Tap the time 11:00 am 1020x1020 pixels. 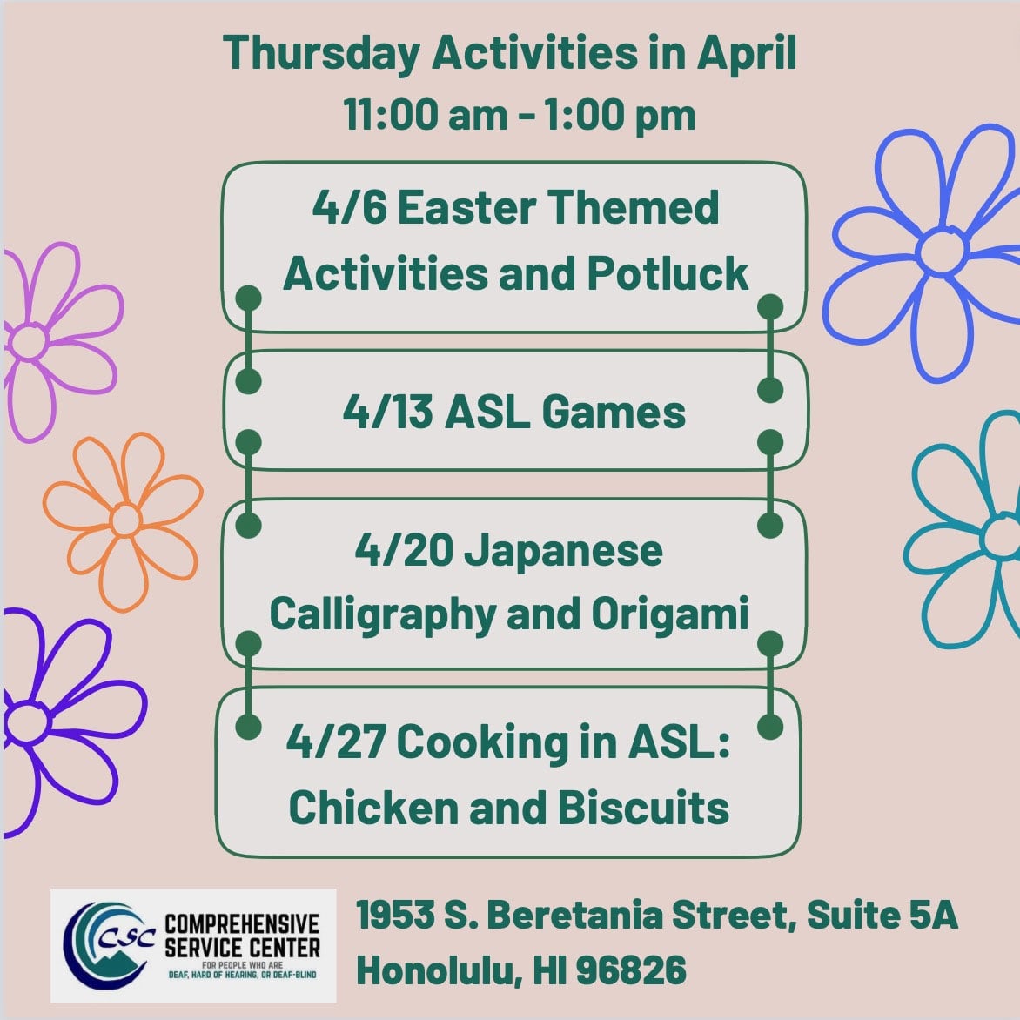click(x=426, y=115)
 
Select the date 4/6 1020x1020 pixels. click(x=349, y=207)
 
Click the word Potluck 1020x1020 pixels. click(x=668, y=273)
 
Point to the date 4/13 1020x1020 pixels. click(x=387, y=413)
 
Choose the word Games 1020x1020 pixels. click(x=614, y=413)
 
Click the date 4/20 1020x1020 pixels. click(x=404, y=550)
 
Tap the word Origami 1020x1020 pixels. click(x=670, y=614)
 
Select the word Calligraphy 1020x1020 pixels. click(x=383, y=614)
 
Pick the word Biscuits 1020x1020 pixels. click(x=642, y=808)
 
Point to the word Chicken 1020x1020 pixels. click(x=373, y=808)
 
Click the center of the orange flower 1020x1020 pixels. click(x=125, y=520)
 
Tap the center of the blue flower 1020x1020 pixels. click(x=943, y=251)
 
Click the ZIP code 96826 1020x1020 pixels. click(x=631, y=970)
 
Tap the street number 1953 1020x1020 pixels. click(x=395, y=915)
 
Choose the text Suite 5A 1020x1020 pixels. click(x=882, y=915)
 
